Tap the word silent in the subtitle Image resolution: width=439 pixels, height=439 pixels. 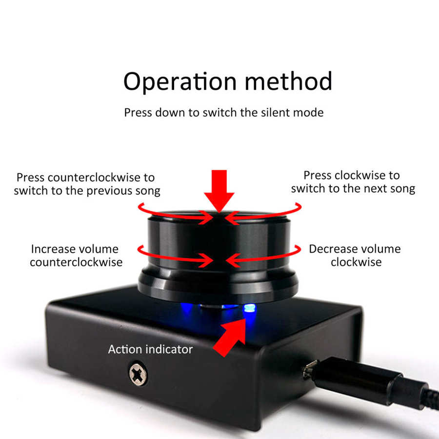coord(274,113)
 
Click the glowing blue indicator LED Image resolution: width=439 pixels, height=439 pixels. coord(250,309)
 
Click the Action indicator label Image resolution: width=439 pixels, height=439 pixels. coord(150,349)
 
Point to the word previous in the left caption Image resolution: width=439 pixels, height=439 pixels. coord(109,191)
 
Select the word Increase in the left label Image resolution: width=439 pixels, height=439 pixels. coord(52,249)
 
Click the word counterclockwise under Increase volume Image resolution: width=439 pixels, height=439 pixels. coord(76,262)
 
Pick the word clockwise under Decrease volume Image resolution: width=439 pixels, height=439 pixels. coord(356,262)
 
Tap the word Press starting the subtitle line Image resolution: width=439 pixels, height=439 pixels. coord(138,113)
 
